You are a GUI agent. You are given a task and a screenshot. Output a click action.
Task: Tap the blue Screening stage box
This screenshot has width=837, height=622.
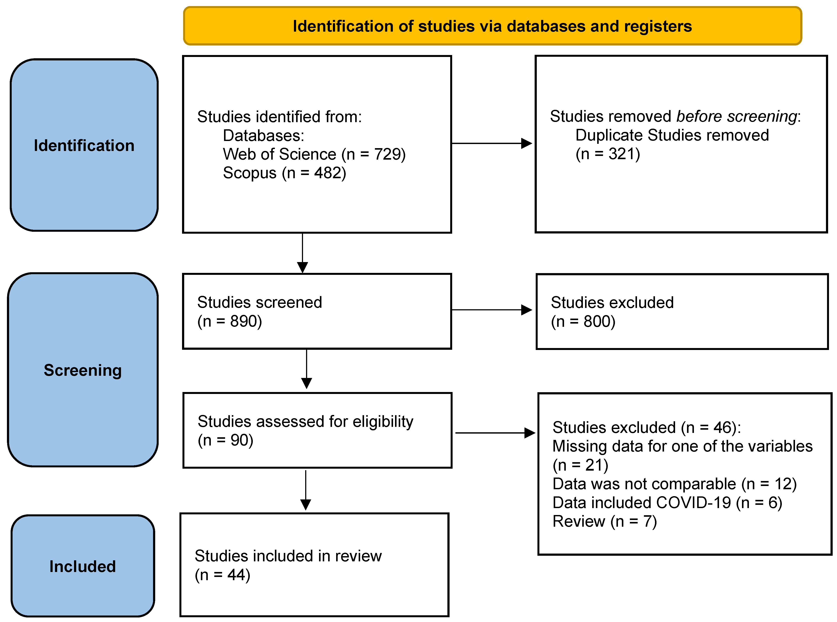pos(83,370)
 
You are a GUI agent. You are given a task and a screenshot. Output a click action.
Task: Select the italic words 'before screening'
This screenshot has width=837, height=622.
pos(737,116)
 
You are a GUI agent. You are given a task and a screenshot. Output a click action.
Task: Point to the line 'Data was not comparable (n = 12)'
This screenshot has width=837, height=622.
pos(674,484)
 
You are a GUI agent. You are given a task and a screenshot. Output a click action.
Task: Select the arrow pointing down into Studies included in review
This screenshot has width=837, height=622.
pos(305,489)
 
